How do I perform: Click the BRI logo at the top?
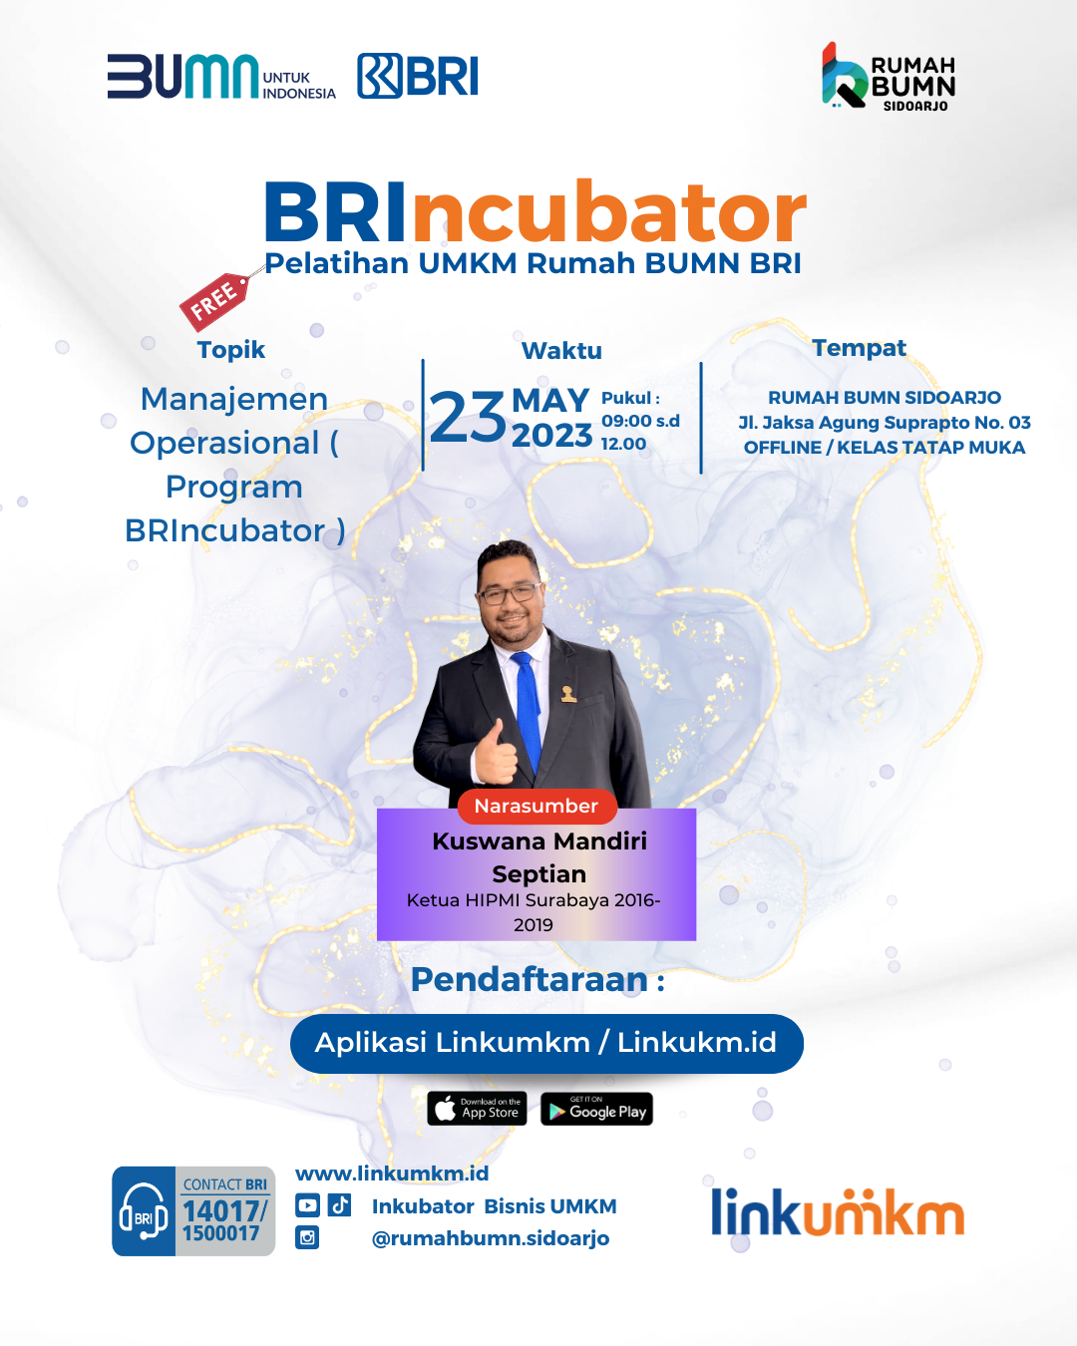tap(418, 76)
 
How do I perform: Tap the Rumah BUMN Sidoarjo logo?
tap(889, 77)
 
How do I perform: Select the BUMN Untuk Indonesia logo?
tap(221, 77)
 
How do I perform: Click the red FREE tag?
tap(214, 301)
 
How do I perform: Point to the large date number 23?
tap(468, 417)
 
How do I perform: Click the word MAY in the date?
tap(550, 400)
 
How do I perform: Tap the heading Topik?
tap(231, 350)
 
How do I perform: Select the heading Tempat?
tap(860, 348)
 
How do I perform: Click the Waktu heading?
tap(561, 351)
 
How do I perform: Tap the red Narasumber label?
tap(537, 807)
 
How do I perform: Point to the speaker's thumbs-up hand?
tap(496, 753)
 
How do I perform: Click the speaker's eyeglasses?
tap(509, 593)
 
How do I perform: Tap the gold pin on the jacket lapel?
tap(567, 694)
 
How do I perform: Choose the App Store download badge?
tap(477, 1109)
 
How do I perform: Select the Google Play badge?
tap(597, 1109)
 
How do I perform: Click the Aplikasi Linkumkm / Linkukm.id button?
tap(546, 1044)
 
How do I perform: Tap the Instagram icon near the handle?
tap(306, 1237)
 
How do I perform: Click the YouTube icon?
tap(307, 1205)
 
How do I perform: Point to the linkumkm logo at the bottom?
tap(838, 1212)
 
